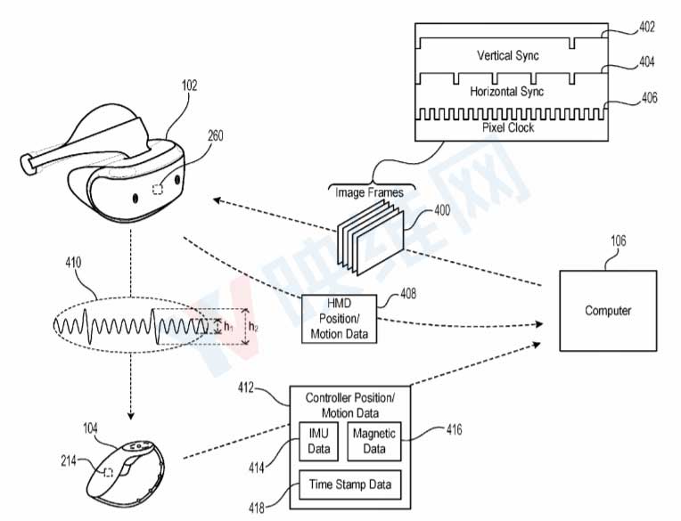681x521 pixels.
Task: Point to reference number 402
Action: tap(647, 27)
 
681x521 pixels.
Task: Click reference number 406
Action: tap(649, 98)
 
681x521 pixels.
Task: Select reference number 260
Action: tap(216, 135)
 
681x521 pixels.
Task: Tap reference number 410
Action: tap(73, 263)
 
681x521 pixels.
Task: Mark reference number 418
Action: tap(257, 508)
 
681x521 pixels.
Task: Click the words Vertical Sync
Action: tap(508, 55)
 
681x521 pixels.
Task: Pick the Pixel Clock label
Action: tap(508, 127)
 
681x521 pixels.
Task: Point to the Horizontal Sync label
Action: tap(507, 92)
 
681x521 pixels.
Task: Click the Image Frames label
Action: tap(369, 192)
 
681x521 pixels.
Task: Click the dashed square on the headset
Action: tap(158, 189)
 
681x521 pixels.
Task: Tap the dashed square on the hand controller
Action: tap(108, 472)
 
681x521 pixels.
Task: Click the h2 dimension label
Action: tap(253, 327)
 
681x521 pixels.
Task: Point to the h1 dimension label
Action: tap(228, 326)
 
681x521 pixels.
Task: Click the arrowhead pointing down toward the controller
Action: tap(131, 416)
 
